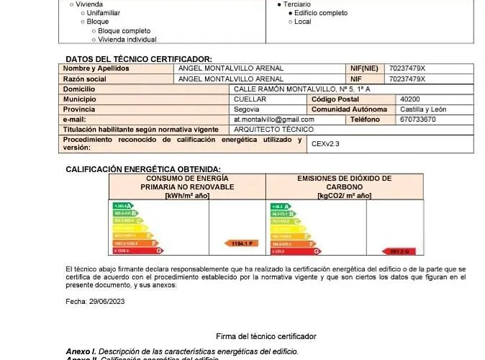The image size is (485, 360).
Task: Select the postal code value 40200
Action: click(x=410, y=99)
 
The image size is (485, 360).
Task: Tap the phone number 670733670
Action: click(x=417, y=119)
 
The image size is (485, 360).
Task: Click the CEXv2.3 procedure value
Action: click(x=325, y=144)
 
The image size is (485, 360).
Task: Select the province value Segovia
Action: click(x=247, y=109)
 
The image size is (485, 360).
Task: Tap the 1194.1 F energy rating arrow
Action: click(x=241, y=243)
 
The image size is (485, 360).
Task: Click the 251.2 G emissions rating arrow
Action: click(x=400, y=251)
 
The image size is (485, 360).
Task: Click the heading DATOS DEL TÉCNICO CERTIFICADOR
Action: click(x=139, y=59)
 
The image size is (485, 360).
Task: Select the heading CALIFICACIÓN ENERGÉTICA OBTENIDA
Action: click(x=143, y=169)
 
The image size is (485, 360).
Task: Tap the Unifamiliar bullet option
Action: click(x=104, y=13)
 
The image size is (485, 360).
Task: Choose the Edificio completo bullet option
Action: click(x=321, y=13)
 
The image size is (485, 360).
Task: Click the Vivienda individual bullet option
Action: click(x=127, y=40)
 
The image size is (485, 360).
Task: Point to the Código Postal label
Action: click(x=335, y=99)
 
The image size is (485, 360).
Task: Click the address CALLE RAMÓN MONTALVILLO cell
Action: click(x=302, y=89)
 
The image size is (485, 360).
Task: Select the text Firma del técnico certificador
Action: click(x=266, y=336)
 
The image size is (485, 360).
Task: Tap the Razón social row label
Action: click(x=85, y=78)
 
